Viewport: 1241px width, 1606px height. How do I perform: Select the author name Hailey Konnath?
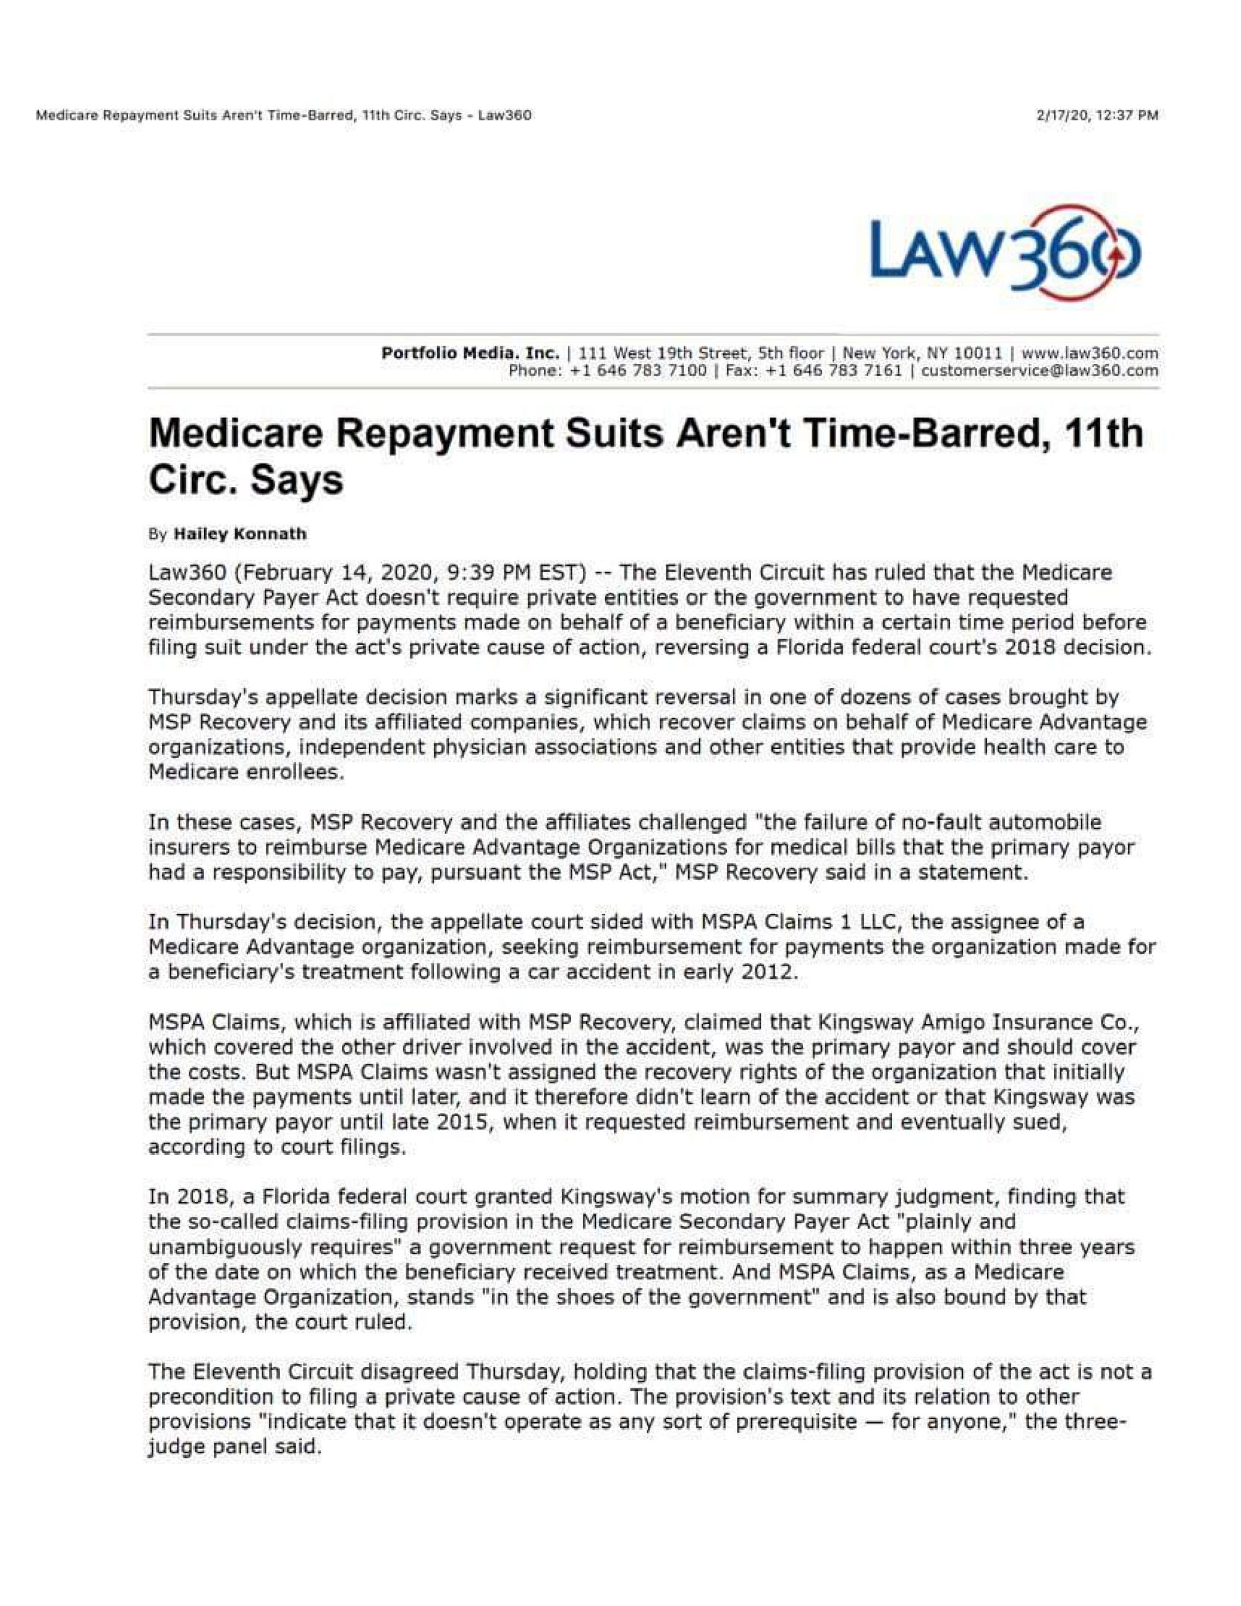[239, 534]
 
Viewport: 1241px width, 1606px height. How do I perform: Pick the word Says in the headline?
[298, 481]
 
